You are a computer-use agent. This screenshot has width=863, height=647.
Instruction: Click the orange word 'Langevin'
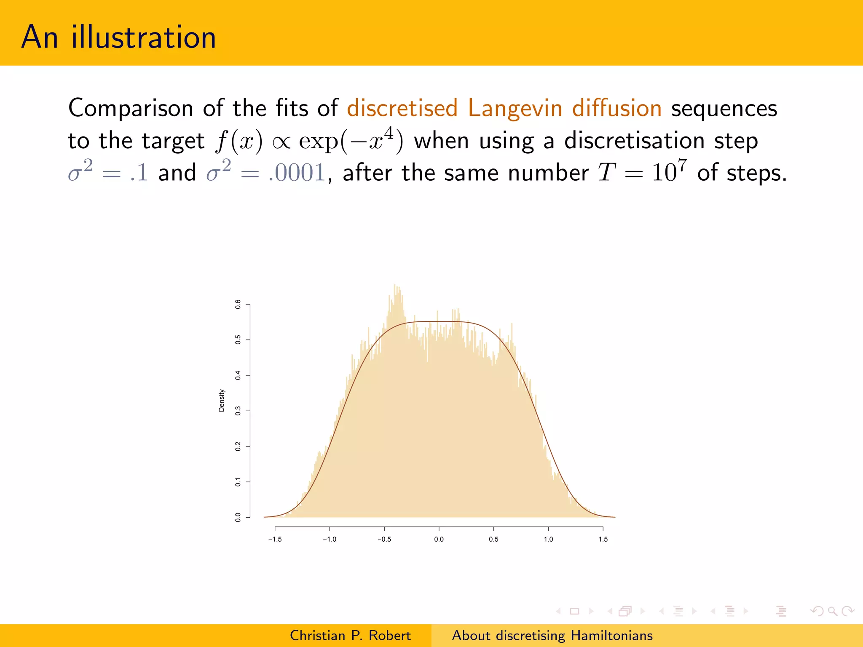[x=515, y=108]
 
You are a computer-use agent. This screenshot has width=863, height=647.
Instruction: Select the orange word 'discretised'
[x=402, y=108]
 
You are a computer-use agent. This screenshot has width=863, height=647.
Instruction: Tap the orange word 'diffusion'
[x=616, y=108]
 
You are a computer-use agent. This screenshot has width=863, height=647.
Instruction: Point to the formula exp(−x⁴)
[x=351, y=140]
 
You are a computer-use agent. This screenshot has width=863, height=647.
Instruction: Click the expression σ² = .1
[x=108, y=172]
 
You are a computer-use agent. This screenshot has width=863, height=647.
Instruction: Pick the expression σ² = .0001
[x=266, y=172]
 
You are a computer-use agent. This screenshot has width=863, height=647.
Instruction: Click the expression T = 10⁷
[x=642, y=172]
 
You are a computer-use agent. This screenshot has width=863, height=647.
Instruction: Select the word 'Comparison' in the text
[x=131, y=109]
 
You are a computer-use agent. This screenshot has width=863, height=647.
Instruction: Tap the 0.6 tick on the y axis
[x=238, y=304]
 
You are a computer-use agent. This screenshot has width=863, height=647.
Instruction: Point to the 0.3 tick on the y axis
[x=238, y=411]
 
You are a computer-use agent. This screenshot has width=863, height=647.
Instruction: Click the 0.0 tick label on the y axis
[x=238, y=517]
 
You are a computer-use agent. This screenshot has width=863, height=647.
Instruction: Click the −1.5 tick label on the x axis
[x=275, y=539]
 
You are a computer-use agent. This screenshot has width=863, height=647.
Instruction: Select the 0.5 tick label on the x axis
[x=493, y=539]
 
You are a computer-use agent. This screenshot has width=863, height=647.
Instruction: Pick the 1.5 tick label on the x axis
[x=603, y=539]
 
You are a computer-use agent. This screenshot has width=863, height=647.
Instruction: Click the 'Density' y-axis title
[x=222, y=400]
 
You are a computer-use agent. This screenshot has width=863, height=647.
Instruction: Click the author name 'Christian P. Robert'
[x=350, y=635]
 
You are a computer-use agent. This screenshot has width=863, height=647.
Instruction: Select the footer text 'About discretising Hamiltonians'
[x=552, y=635]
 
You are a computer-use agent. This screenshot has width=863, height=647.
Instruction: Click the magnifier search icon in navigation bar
[x=832, y=611]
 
